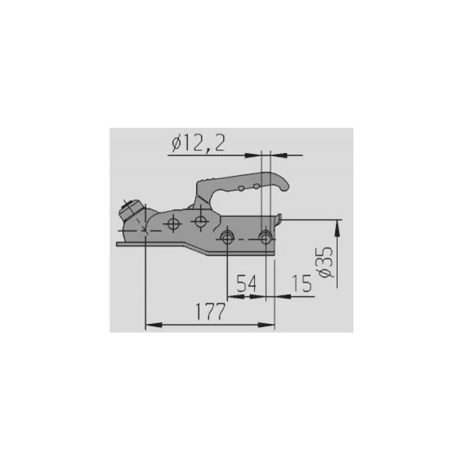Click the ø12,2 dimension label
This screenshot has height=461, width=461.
pyautogui.click(x=199, y=144)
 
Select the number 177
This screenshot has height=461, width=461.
pyautogui.click(x=210, y=312)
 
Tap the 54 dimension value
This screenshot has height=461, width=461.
pyautogui.click(x=246, y=283)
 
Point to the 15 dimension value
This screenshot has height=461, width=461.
pyautogui.click(x=301, y=283)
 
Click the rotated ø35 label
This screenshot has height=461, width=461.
pyautogui.click(x=326, y=262)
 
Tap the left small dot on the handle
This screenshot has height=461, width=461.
pyautogui.click(x=241, y=189)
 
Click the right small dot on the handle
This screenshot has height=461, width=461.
pyautogui.click(x=256, y=186)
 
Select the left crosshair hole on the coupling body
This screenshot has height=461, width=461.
pyautogui.click(x=173, y=224)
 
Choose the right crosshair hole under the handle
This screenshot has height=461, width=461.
pyautogui.click(x=200, y=221)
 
